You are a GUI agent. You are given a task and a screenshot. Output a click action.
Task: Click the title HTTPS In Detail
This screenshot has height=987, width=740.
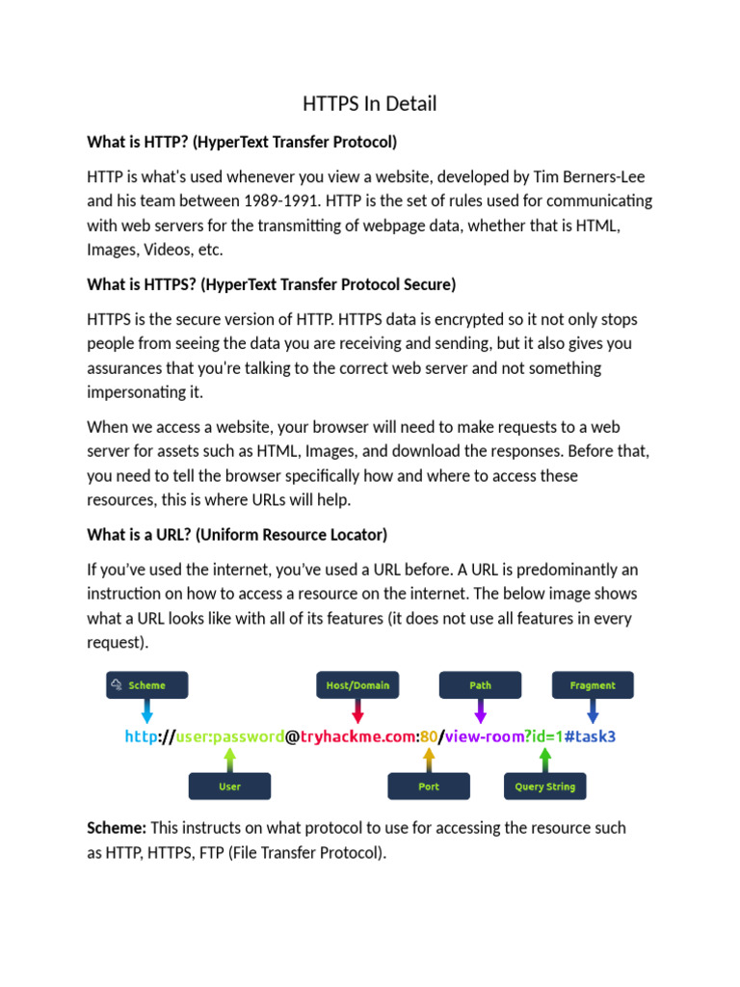370,104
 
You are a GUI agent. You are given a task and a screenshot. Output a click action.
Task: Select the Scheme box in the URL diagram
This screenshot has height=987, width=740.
146,685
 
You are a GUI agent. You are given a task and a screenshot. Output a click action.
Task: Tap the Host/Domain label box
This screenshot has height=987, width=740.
357,685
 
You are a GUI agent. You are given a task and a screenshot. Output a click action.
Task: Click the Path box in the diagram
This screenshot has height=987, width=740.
480,685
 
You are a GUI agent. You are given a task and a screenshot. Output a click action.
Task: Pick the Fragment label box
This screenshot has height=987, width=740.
593,685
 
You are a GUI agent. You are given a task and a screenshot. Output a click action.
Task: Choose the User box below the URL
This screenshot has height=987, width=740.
229,787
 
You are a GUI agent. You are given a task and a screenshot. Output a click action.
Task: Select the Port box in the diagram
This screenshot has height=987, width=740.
429,787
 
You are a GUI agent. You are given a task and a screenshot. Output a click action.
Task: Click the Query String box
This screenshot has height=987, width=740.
544,787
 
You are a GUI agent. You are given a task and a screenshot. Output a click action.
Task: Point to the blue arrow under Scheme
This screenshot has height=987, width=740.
146,711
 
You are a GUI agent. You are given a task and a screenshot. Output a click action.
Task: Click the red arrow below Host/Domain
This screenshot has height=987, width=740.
357,711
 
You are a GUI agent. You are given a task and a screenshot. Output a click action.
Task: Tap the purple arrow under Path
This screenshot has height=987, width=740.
480,711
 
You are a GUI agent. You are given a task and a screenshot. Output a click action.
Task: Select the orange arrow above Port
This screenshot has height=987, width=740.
429,760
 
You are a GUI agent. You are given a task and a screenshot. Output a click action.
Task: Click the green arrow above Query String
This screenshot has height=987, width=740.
544,760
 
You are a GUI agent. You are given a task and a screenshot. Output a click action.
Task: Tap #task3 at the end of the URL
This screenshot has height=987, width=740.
590,736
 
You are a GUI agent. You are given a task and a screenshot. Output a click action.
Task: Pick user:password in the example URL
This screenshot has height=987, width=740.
229,736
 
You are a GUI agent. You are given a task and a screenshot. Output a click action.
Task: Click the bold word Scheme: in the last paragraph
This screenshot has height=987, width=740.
117,828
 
